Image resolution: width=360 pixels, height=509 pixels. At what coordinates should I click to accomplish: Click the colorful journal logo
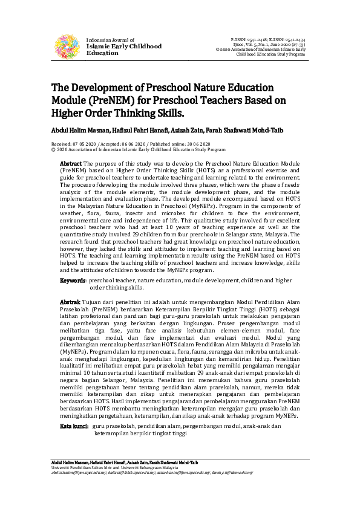[x=68, y=46]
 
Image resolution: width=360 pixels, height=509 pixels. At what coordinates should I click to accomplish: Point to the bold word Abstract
[x=70, y=164]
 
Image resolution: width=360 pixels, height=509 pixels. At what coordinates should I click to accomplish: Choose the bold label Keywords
[x=72, y=281]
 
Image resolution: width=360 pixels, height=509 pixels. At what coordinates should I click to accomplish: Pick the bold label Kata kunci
[x=74, y=426]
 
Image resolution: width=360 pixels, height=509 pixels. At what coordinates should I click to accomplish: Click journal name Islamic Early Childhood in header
[x=124, y=46]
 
